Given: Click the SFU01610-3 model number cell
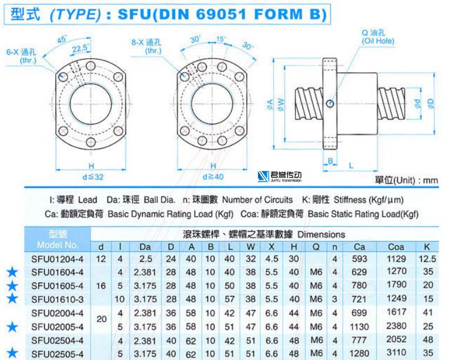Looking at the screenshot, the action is click(58, 300).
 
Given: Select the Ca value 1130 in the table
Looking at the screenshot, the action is click(359, 327).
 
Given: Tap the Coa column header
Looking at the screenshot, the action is click(396, 247).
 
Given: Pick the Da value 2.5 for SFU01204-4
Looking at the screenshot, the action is click(146, 259).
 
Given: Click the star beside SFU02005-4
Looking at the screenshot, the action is click(12, 327).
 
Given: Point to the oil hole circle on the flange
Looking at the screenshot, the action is click(330, 103).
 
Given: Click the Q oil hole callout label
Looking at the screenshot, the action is click(378, 37).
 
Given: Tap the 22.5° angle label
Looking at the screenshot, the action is click(81, 48).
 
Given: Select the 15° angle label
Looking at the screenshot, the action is click(221, 39).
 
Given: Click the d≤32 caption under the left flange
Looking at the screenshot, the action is click(93, 177).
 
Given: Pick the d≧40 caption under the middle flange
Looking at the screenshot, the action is click(213, 177).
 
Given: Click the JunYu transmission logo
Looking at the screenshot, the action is click(279, 176).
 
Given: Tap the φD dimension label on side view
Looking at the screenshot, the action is click(431, 104).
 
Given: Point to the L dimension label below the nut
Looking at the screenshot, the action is click(351, 166).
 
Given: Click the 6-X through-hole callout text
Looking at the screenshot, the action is click(21, 56).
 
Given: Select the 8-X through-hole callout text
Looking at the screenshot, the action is click(146, 46).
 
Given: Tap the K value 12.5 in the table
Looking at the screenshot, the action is click(427, 259).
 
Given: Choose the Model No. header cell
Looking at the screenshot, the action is click(58, 239).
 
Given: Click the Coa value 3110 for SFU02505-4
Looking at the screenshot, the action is click(396, 353).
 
